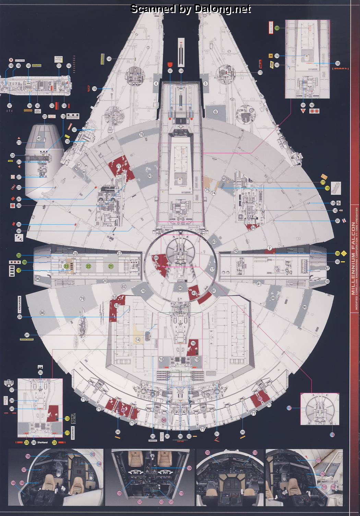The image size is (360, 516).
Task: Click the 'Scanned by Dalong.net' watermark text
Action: (191, 9)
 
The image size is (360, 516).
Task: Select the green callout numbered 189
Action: (277, 28)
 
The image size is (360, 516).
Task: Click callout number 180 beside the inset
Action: (338, 63)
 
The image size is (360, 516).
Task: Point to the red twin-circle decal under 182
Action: (314, 111)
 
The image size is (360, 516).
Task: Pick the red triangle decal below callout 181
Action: (303, 111)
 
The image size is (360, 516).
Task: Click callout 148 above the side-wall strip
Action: (11, 65)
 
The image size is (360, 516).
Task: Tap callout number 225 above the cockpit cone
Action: (45, 117)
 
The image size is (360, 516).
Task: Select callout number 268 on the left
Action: (19, 206)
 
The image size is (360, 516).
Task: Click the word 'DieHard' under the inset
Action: (43, 443)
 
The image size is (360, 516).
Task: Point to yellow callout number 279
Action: (67, 433)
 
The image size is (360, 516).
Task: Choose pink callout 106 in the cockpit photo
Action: (28, 456)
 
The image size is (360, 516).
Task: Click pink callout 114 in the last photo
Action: (333, 487)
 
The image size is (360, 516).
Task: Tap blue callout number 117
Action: (289, 408)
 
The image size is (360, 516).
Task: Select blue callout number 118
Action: (332, 435)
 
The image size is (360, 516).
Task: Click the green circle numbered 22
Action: (88, 266)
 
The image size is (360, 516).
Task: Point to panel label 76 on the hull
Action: (141, 134)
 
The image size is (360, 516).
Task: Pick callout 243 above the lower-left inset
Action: (40, 373)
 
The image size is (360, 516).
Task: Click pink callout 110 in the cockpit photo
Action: (255, 453)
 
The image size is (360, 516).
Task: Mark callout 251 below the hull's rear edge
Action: (217, 434)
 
